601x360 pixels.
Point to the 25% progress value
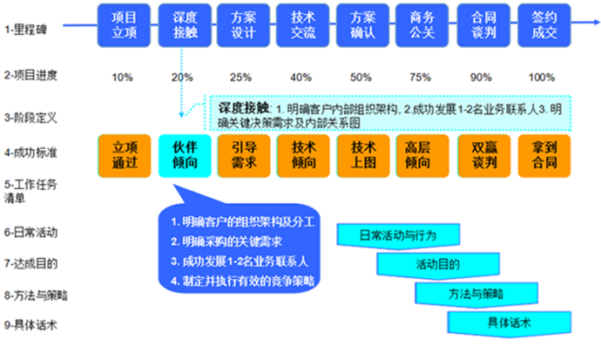[x=242, y=77]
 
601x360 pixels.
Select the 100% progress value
[x=542, y=77]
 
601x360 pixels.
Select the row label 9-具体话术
[x=32, y=327]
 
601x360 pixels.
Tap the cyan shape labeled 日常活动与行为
[x=398, y=234]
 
